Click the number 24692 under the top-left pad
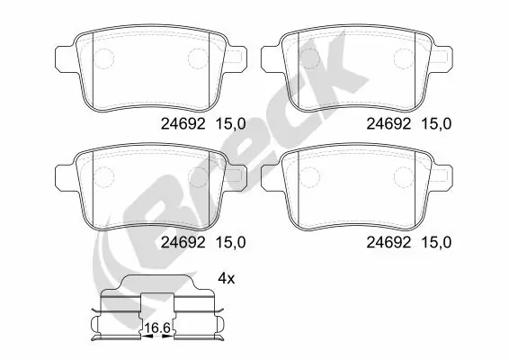point(185,126)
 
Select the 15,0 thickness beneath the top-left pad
point(231,126)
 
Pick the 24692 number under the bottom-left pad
point(185,241)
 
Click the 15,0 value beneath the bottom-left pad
point(231,241)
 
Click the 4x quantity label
point(226,280)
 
